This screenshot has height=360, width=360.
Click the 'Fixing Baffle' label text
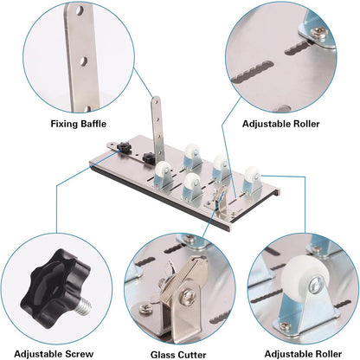pyautogui.click(x=79, y=124)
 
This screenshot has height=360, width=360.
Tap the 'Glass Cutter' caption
pyautogui.click(x=178, y=355)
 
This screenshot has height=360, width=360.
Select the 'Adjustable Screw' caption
pyautogui.click(x=54, y=354)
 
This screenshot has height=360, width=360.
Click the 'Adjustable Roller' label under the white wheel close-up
pyautogui.click(x=303, y=354)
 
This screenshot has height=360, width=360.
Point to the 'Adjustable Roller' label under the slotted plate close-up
pyautogui.click(x=280, y=124)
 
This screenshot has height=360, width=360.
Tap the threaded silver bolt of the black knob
pyautogui.click(x=86, y=305)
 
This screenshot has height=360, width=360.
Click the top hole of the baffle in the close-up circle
pyautogui.click(x=80, y=11)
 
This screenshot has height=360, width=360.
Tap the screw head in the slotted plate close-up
pyautogui.click(x=319, y=33)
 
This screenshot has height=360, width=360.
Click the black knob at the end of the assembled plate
pyautogui.click(x=124, y=147)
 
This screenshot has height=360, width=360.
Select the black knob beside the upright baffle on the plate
pyautogui.click(x=148, y=157)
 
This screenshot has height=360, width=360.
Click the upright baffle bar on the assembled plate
pyautogui.click(x=157, y=129)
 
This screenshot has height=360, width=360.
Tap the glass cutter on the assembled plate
pyautogui.click(x=220, y=200)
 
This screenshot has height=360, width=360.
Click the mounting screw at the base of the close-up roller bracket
pyautogui.click(x=286, y=326)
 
